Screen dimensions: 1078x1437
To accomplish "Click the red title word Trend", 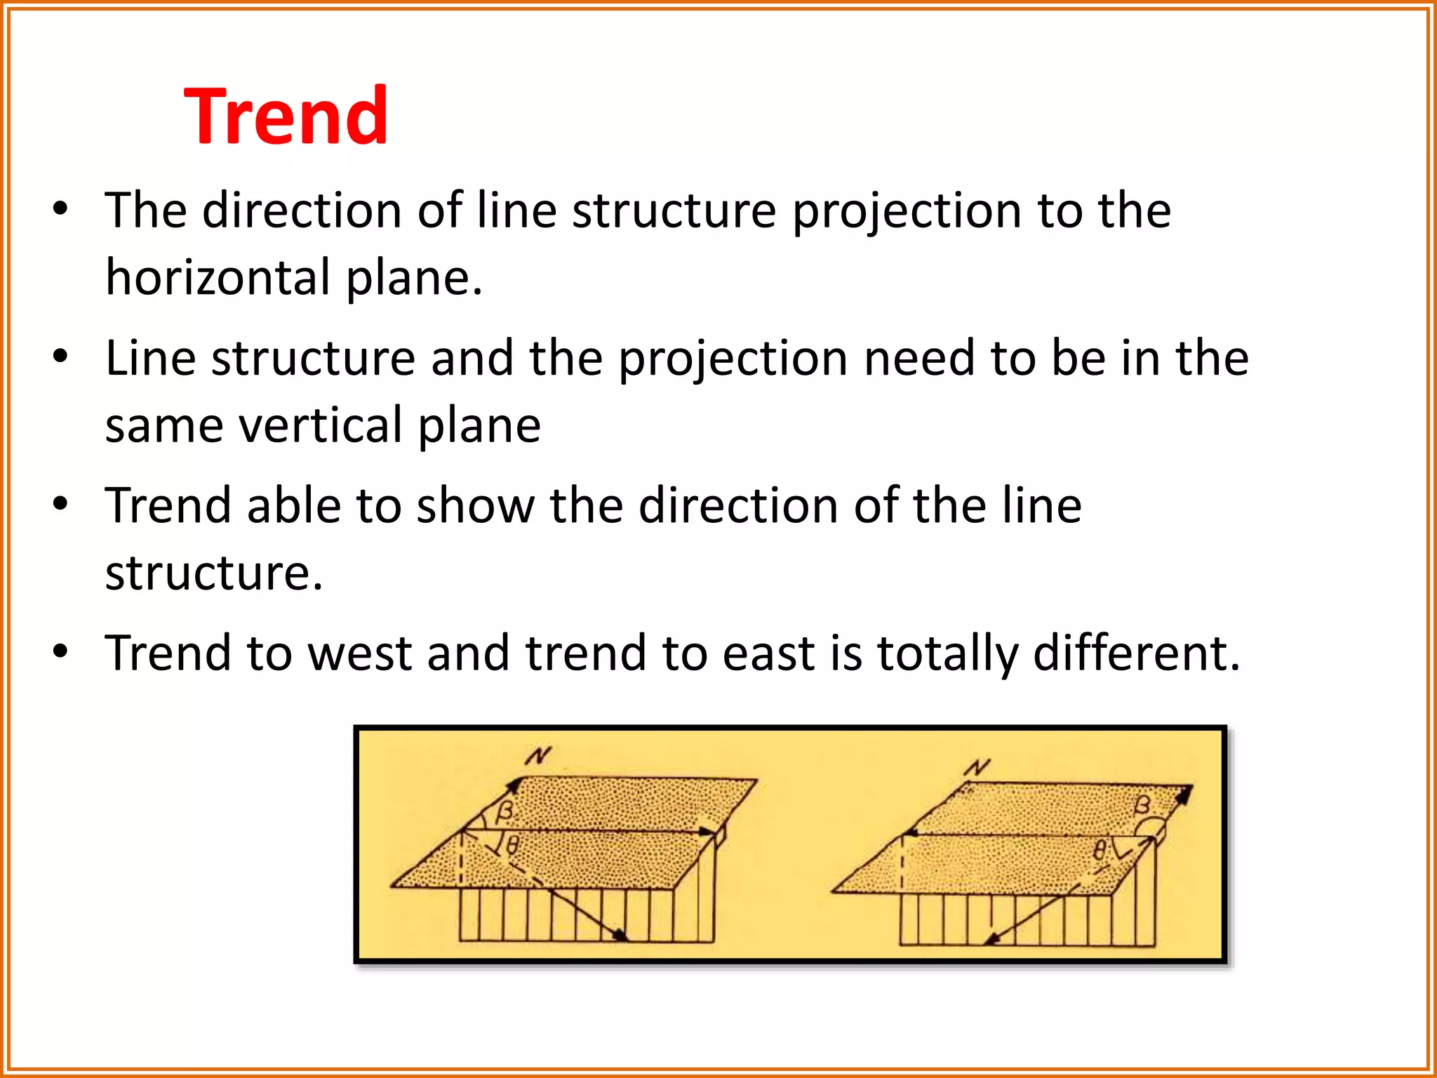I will coord(286,116).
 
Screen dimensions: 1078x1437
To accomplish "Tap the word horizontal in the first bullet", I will coord(218,277).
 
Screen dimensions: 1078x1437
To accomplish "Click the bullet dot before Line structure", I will coord(61,357).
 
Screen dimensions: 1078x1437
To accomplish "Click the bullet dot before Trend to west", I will coord(61,651).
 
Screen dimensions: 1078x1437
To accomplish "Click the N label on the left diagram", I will coord(538,757).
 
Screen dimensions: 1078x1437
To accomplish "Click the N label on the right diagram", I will coord(977,768).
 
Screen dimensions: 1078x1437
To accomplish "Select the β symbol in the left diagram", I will coord(504,812).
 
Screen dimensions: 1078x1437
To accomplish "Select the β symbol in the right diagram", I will coord(1143,804).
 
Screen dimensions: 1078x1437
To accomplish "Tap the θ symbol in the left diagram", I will coord(513,845).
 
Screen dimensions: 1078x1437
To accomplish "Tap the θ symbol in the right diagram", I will coord(1100,851).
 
